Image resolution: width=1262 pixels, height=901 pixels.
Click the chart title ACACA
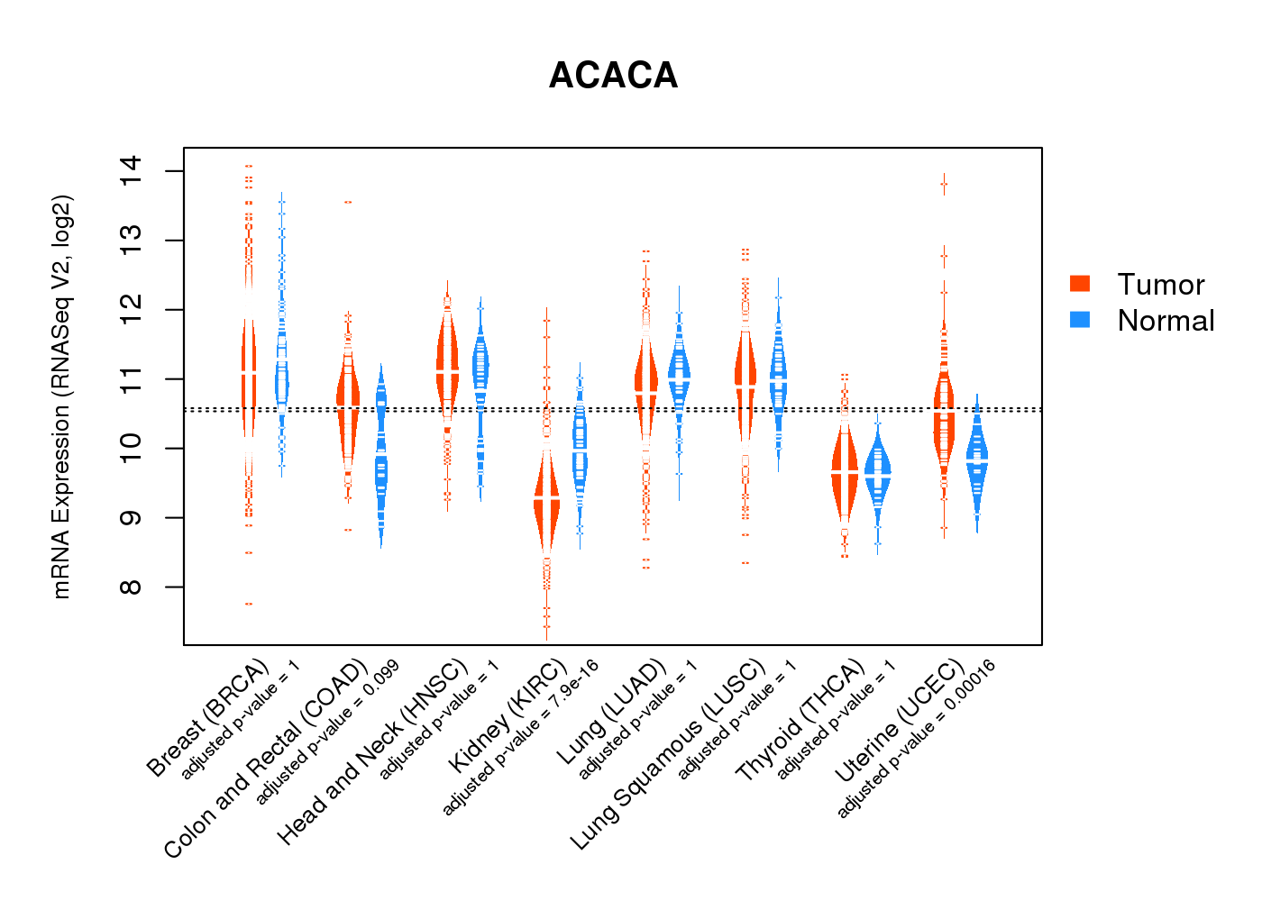click(613, 76)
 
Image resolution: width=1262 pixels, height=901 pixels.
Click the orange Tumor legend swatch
click(1080, 284)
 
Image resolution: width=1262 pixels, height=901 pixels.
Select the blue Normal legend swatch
click(1080, 320)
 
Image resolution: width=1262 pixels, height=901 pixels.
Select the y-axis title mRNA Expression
click(61, 396)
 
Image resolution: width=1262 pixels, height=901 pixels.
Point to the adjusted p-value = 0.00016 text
click(916, 740)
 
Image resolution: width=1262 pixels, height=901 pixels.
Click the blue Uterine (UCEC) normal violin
click(976, 460)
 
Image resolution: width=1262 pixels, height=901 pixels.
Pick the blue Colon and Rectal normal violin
click(381, 469)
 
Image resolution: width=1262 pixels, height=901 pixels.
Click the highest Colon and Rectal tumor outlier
click(348, 203)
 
